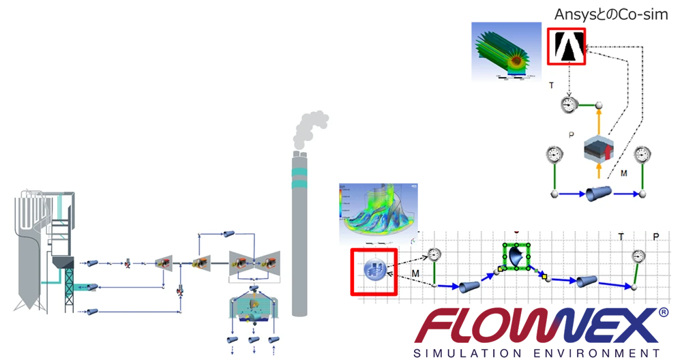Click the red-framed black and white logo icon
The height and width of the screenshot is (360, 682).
pyautogui.click(x=566, y=46)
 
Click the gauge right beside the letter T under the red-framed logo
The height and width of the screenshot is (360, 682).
pyautogui.click(x=569, y=105)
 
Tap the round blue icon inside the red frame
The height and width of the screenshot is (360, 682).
pyautogui.click(x=374, y=269)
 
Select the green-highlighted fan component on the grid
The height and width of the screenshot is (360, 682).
pyautogui.click(x=516, y=256)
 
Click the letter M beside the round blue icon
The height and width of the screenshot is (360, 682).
pyautogui.click(x=415, y=273)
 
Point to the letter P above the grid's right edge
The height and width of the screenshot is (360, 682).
pyautogui.click(x=655, y=237)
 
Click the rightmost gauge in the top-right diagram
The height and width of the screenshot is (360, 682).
pyautogui.click(x=641, y=155)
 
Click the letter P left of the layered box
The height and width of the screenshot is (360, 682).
pyautogui.click(x=572, y=134)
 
